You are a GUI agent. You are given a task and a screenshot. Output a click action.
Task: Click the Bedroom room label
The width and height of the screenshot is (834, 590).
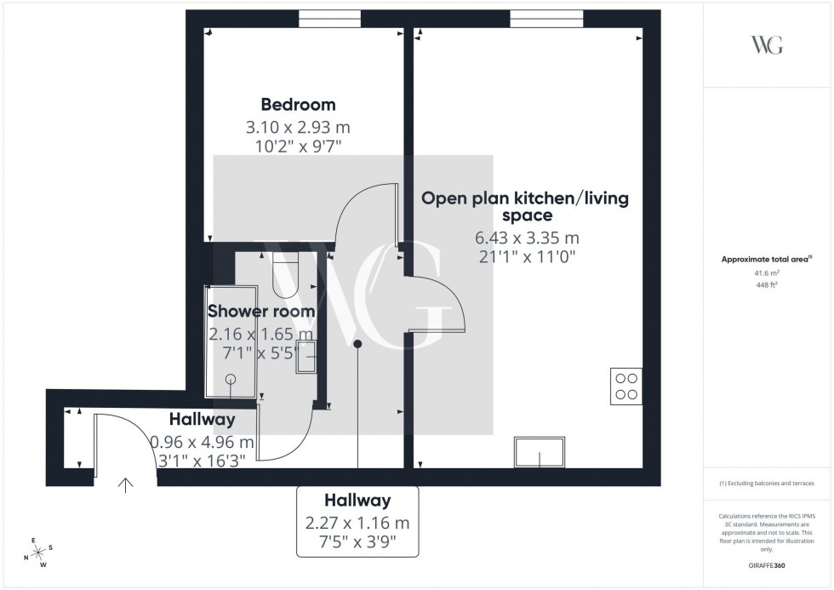point(298,105)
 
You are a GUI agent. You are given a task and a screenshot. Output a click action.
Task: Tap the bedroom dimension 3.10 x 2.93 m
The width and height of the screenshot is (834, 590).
point(298,128)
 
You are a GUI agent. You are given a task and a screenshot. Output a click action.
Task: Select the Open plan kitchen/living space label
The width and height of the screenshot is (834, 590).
point(525,207)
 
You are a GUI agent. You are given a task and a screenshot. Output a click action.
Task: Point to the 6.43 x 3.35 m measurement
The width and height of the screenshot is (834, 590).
point(526,238)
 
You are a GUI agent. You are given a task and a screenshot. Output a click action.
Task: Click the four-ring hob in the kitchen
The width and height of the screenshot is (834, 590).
point(626,387)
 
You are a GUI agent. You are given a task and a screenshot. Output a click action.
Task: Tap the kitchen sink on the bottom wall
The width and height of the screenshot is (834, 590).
point(540,452)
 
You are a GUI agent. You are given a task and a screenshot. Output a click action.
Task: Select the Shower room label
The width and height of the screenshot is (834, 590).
point(261,312)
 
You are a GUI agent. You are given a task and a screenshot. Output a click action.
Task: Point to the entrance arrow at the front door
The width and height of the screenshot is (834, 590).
point(126,485)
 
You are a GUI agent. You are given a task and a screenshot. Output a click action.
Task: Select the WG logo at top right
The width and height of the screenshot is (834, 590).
point(766,46)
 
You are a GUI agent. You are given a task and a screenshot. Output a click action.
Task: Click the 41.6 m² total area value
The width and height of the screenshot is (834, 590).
point(766,273)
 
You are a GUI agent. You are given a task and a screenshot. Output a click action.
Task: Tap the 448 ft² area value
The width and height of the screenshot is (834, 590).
point(766,285)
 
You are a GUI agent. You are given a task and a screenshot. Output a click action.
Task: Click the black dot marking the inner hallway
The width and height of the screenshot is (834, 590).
point(357,344)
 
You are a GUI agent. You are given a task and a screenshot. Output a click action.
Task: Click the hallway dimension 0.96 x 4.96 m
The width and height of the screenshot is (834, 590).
point(202,443)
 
